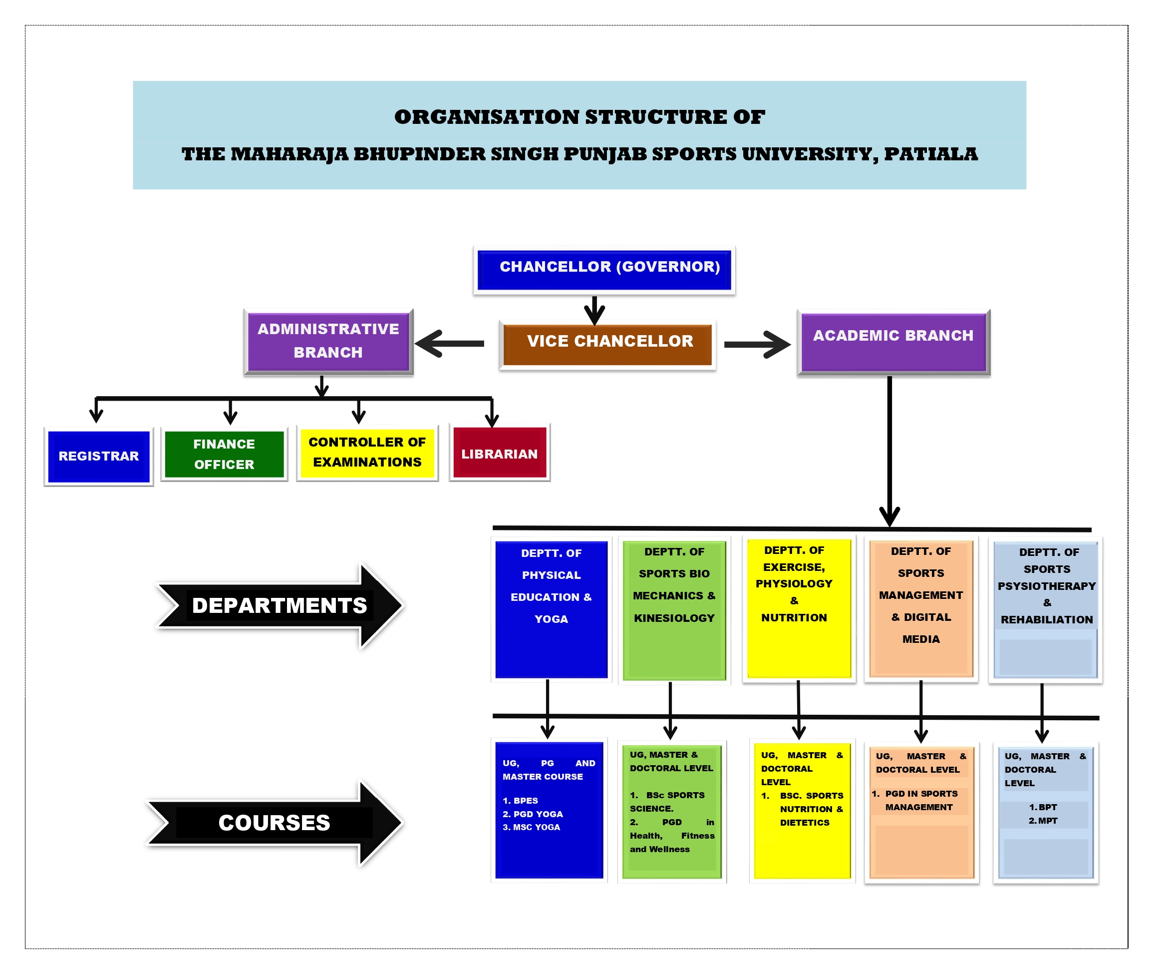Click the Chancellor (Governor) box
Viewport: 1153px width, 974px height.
click(603, 269)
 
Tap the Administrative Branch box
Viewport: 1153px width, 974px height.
click(328, 341)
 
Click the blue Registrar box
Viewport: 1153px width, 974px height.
click(99, 457)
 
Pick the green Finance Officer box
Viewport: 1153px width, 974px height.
click(224, 455)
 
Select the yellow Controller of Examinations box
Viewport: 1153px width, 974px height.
click(367, 453)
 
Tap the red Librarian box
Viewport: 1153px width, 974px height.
click(499, 454)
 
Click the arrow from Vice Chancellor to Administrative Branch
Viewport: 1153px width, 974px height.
click(449, 344)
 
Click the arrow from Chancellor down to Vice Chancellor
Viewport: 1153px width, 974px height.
click(594, 310)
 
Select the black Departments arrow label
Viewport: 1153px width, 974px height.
click(280, 606)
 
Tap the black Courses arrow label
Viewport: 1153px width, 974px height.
click(274, 823)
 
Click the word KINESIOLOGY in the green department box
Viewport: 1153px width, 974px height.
click(674, 618)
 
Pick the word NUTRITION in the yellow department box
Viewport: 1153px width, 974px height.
click(793, 618)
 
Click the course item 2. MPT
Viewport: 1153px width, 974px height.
click(1043, 821)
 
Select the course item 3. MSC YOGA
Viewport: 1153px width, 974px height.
click(531, 827)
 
